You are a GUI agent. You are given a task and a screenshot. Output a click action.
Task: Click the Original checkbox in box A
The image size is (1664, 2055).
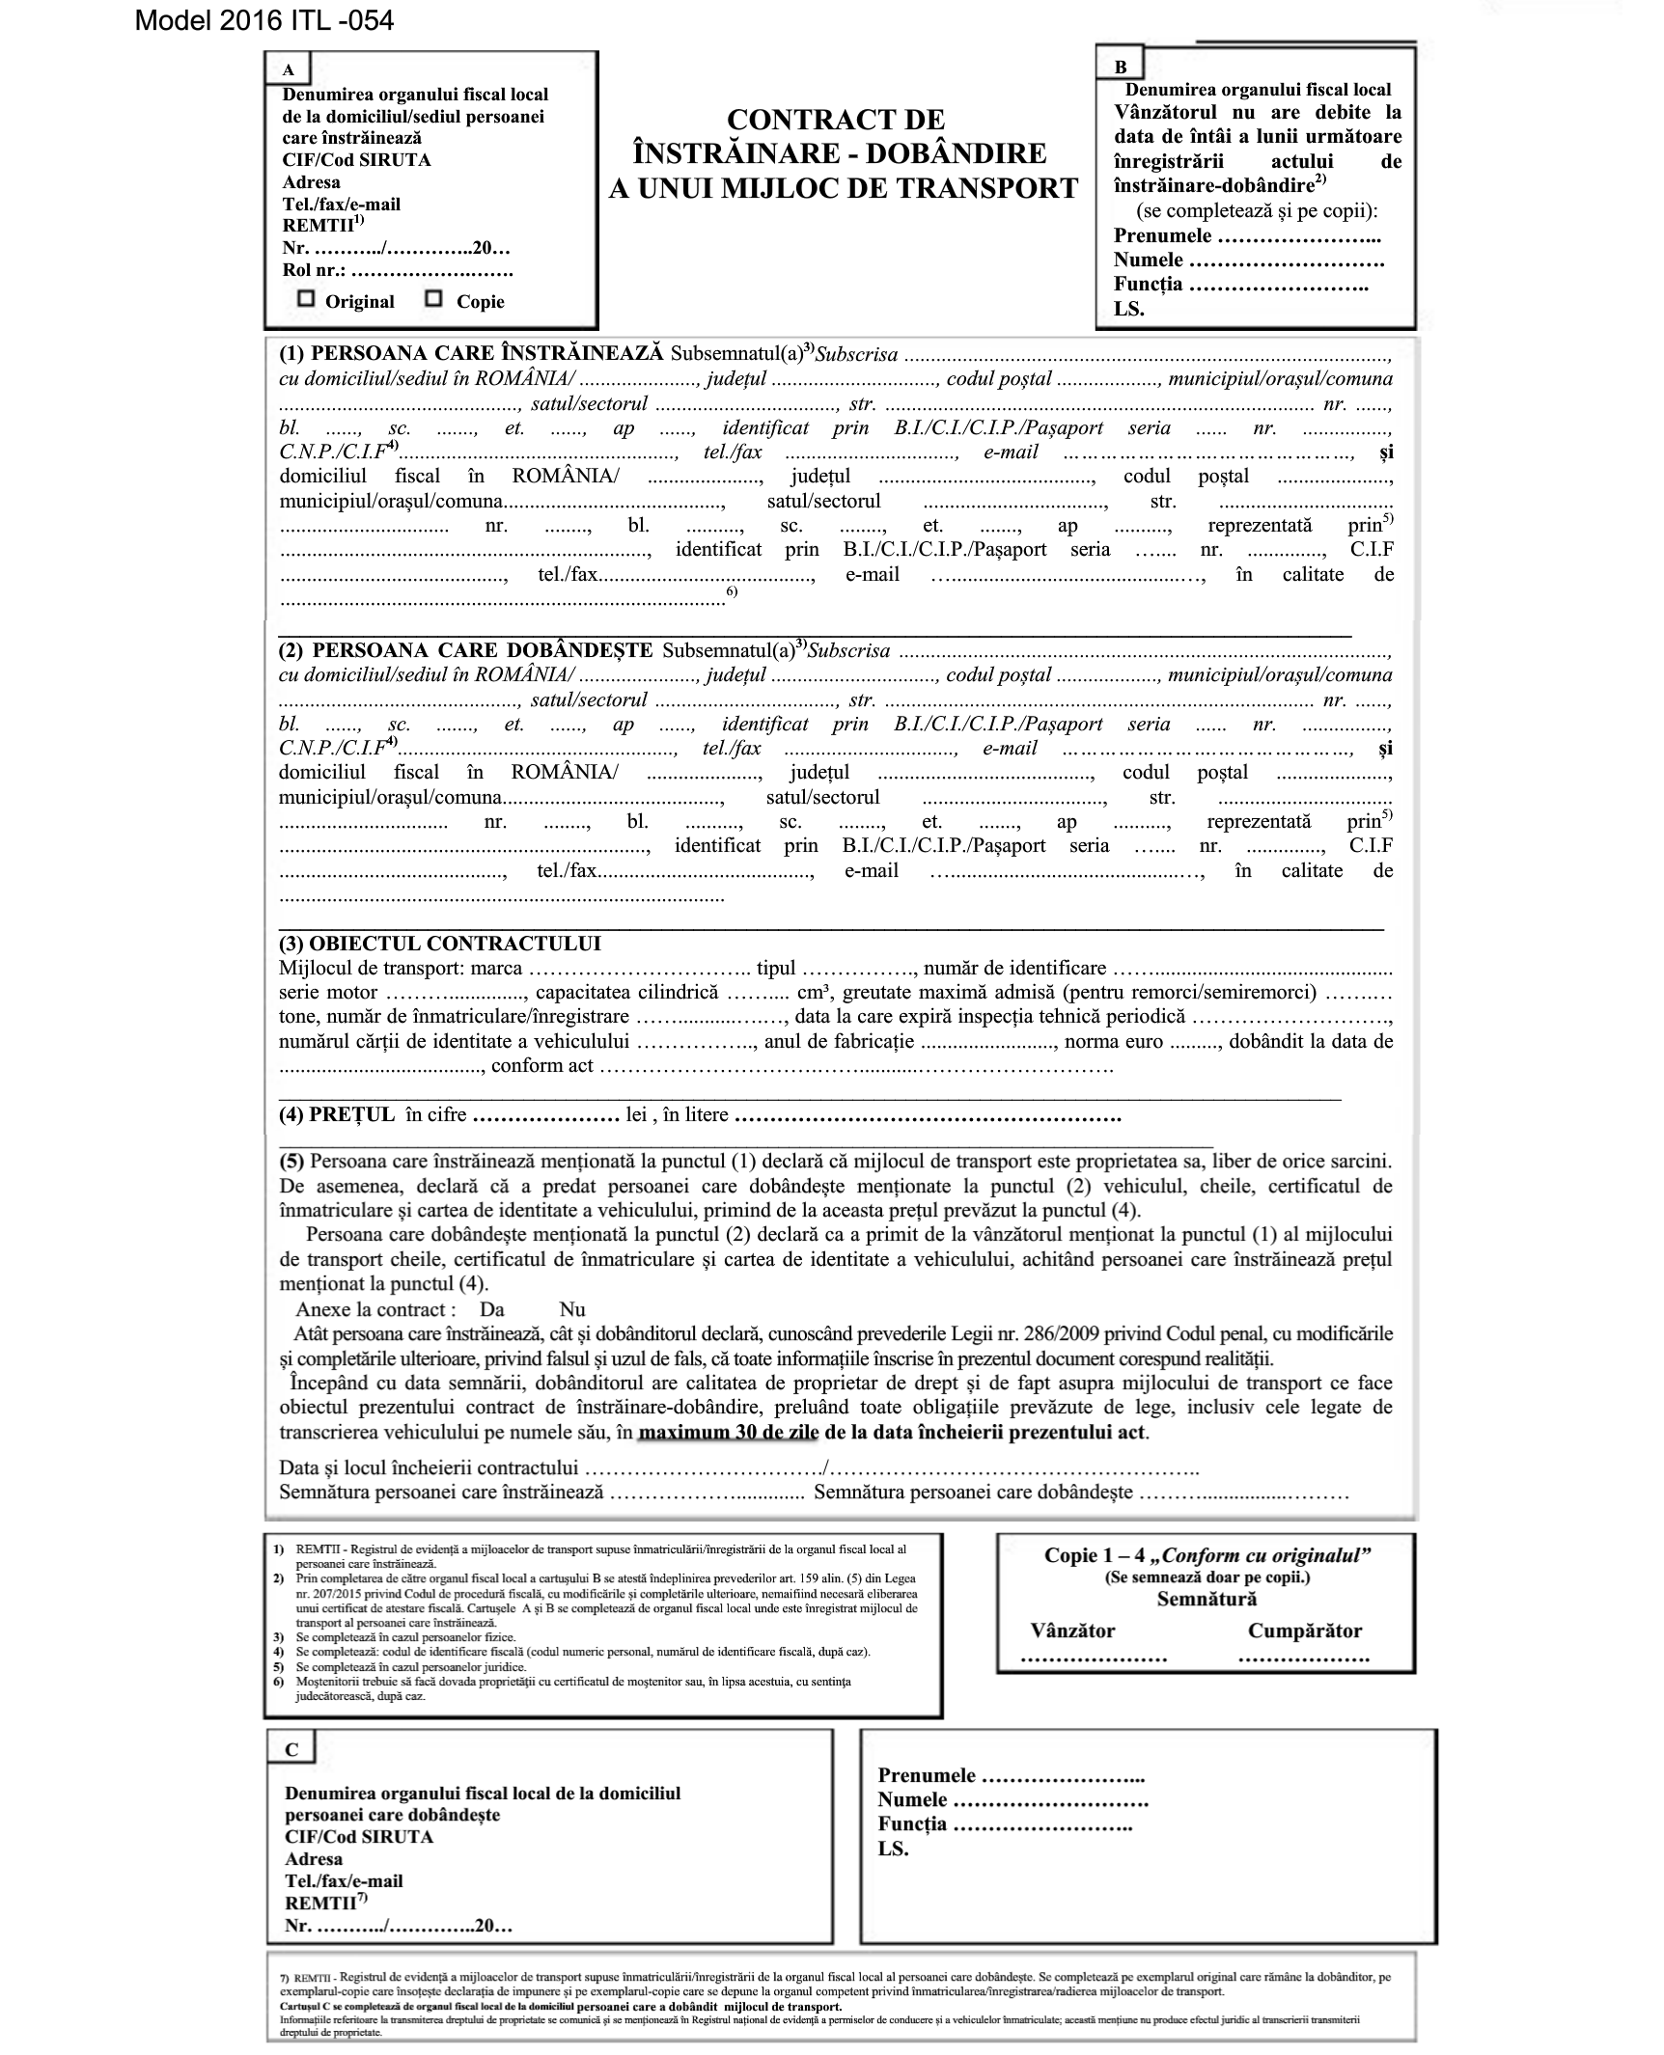pos(306,299)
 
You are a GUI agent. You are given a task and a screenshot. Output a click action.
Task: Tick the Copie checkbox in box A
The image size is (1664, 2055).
pos(434,299)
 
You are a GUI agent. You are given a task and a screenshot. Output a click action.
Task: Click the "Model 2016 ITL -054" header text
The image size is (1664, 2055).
pos(264,20)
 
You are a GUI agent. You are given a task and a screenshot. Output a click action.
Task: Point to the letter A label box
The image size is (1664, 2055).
pos(288,69)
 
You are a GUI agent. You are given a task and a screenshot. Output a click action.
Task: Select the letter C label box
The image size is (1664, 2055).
pos(291,1749)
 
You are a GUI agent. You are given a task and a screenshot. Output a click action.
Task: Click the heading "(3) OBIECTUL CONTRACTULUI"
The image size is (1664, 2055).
pos(439,944)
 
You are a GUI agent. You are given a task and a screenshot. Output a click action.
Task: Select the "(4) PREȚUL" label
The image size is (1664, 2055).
pos(337,1114)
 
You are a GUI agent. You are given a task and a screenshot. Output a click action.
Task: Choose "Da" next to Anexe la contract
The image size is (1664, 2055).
pos(491,1309)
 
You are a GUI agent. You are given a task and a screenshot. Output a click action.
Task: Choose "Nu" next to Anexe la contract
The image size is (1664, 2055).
pos(572,1309)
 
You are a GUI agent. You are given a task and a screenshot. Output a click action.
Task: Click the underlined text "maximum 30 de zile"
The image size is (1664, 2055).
pos(728,1432)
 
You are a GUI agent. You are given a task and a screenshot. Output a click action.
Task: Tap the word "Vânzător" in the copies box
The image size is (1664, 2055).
pos(1072,1631)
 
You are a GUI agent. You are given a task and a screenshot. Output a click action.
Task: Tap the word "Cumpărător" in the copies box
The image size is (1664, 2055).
pos(1305,1631)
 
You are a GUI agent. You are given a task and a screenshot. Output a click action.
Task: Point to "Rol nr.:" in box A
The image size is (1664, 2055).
pos(314,271)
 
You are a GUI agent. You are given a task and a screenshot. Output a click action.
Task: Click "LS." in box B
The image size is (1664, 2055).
pos(1128,309)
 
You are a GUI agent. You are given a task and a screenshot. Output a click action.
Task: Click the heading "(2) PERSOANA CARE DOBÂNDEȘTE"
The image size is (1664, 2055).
pos(465,650)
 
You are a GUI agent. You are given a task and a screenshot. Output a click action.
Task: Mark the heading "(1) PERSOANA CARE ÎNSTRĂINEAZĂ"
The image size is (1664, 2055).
pos(471,353)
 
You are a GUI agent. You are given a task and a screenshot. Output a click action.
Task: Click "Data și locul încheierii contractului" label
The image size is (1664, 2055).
pos(428,1467)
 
